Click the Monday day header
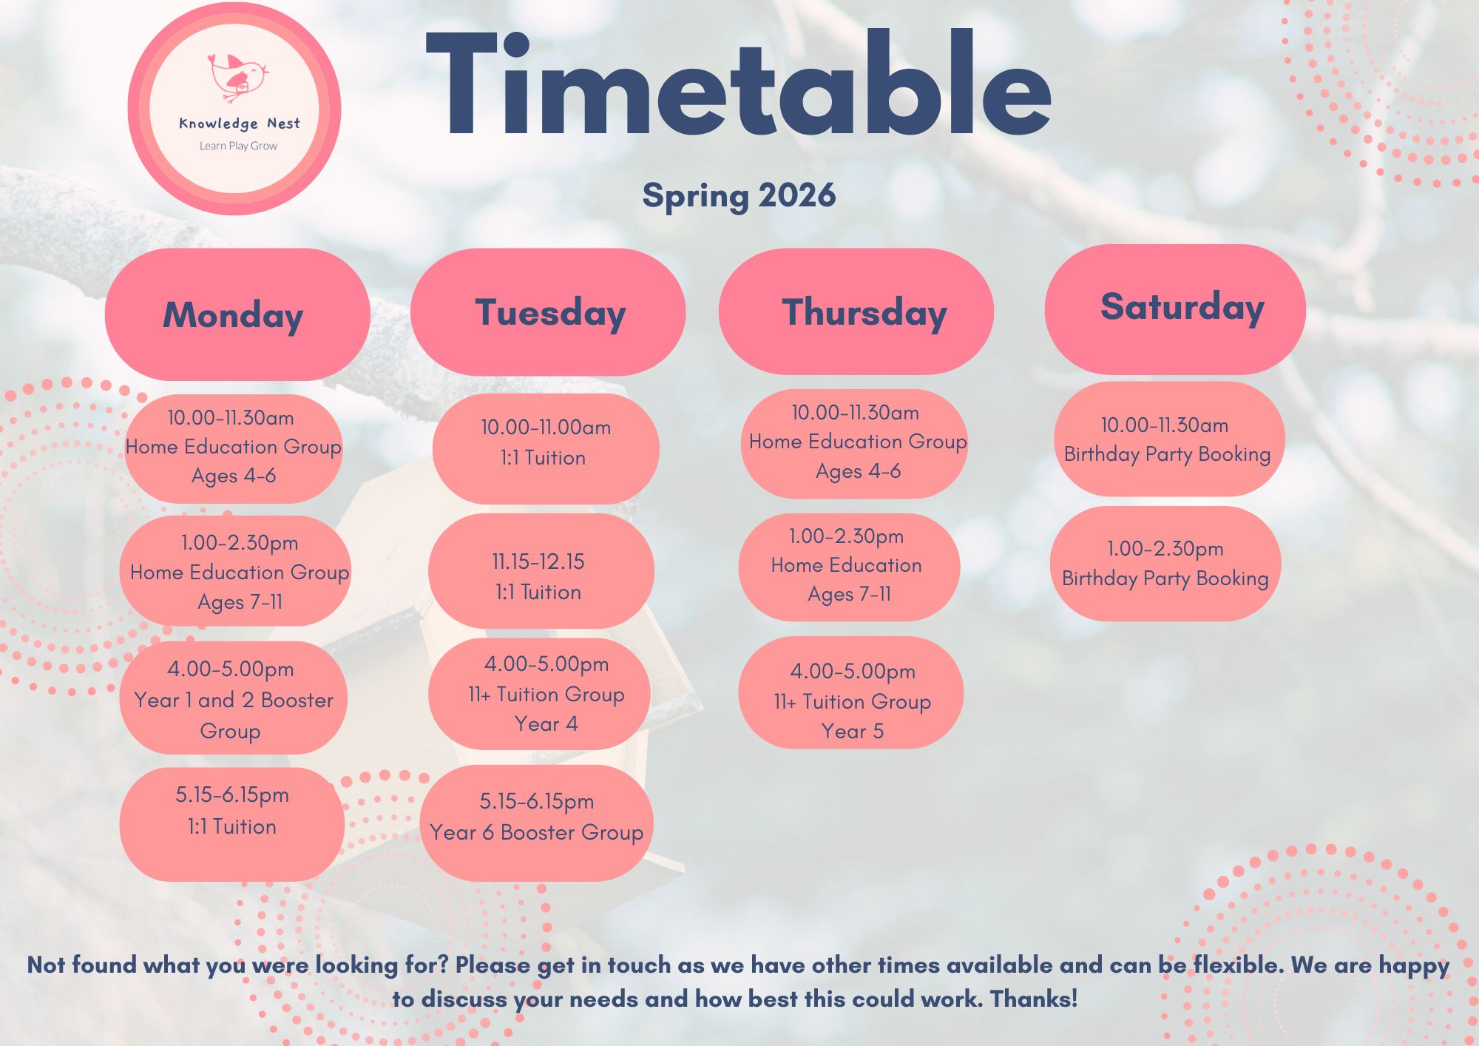tap(237, 314)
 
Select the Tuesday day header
tap(548, 311)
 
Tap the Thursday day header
tap(856, 311)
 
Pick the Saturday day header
tap(1175, 308)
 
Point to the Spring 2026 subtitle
tap(739, 196)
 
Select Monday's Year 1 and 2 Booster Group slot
tap(233, 698)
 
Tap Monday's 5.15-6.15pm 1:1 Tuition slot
tap(232, 824)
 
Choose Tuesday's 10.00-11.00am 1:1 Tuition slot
tap(546, 449)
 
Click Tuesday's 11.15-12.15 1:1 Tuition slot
tap(541, 571)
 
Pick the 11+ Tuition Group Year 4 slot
tap(540, 694)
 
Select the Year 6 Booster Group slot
tap(537, 823)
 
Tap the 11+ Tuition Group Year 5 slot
tap(851, 693)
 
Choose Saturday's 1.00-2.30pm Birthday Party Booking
tap(1165, 563)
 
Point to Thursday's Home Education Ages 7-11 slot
tap(849, 567)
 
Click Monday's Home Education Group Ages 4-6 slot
tap(234, 448)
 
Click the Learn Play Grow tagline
tap(238, 146)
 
